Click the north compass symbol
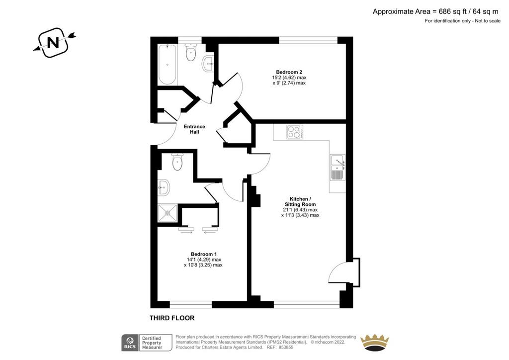pos(54,43)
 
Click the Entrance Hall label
pos(194,129)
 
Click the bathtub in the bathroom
pos(167,64)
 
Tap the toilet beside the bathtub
pos(190,52)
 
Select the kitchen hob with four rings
pos(295,132)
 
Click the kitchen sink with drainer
pos(338,168)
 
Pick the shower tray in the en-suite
pos(168,213)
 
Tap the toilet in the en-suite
pos(177,162)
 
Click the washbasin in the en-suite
pos(164,187)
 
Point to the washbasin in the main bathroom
pos(208,64)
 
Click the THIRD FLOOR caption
pos(172,318)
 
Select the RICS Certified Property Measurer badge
pos(147,343)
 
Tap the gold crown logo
pos(375,343)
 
